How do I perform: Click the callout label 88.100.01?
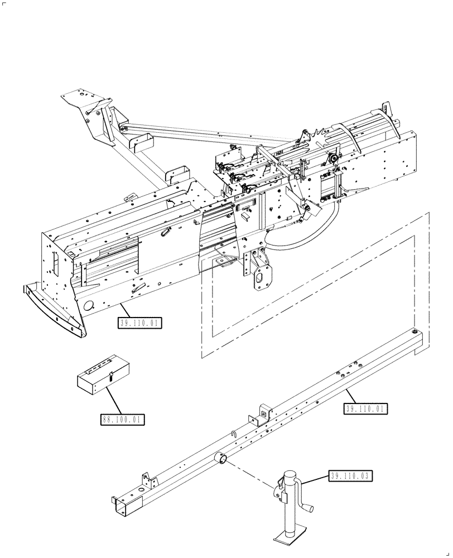122,419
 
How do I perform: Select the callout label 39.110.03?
350,476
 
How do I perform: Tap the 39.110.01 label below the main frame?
139,323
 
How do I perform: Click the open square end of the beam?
121,505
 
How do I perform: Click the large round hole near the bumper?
88,306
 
